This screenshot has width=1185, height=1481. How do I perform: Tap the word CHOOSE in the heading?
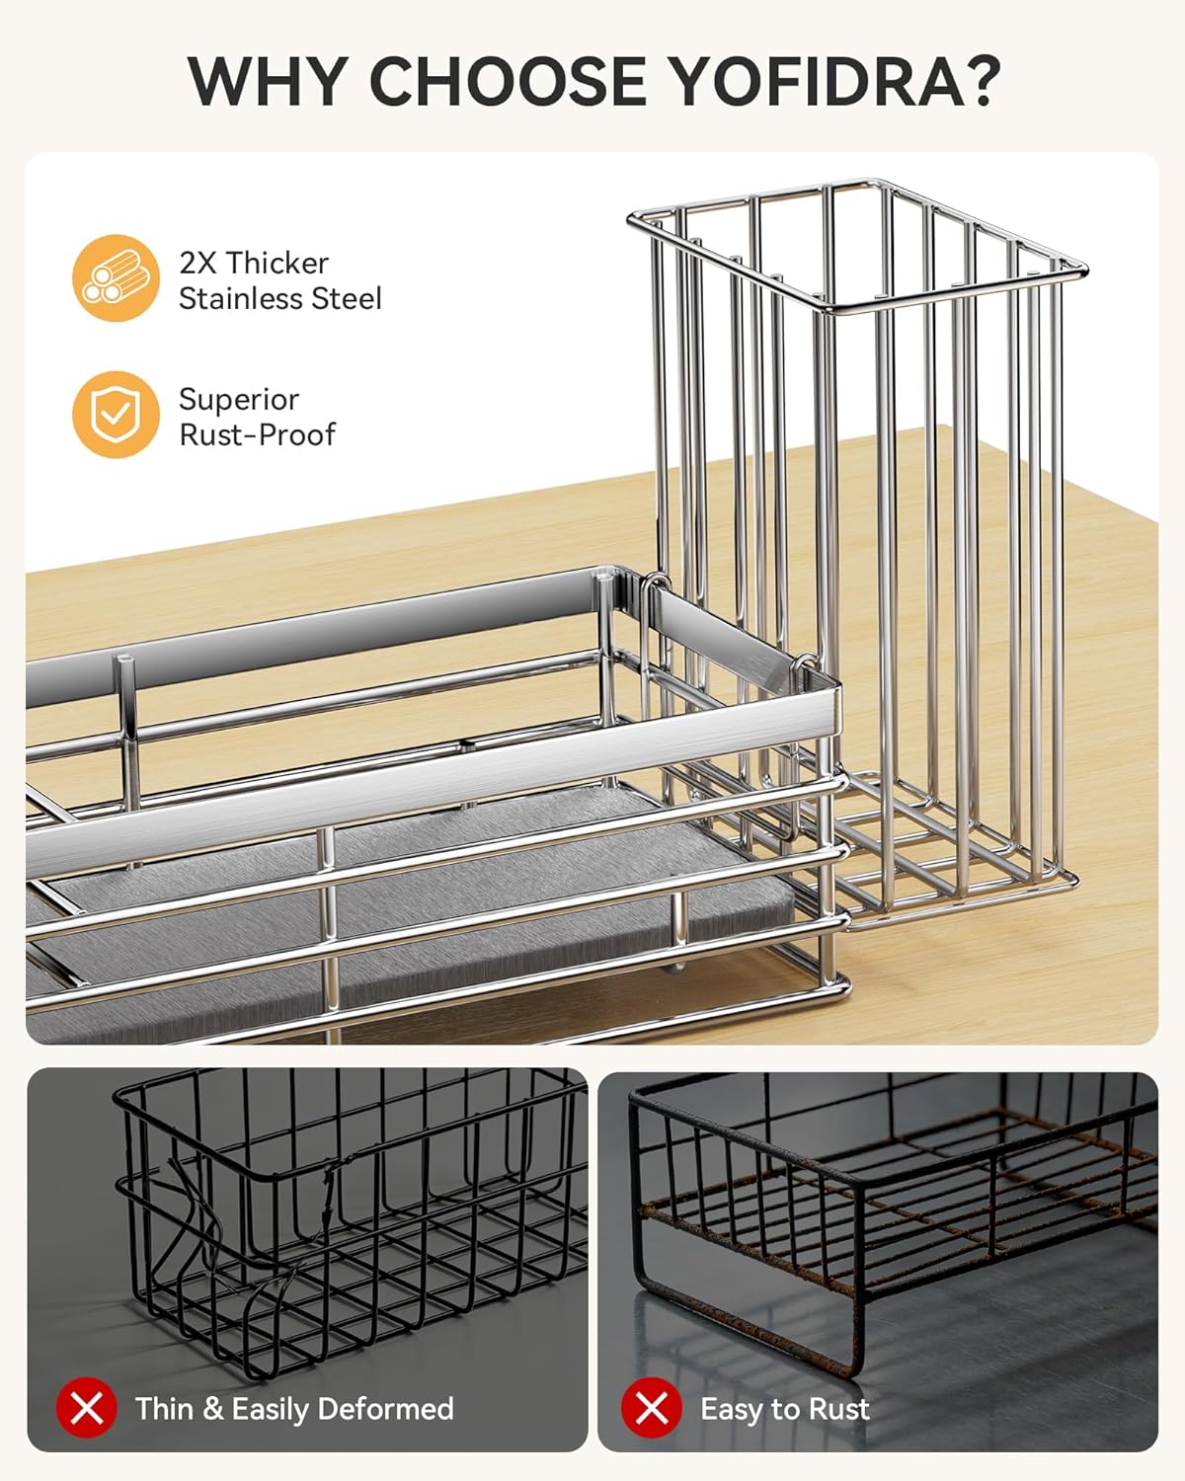509,81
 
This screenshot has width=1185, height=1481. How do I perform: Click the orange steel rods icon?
116,278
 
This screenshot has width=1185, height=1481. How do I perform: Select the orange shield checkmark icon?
116,415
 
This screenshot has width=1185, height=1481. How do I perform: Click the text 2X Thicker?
254,263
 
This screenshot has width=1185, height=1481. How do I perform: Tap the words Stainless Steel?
280,299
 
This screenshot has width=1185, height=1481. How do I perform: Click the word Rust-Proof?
258,435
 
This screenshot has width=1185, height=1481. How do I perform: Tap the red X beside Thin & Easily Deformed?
87,1407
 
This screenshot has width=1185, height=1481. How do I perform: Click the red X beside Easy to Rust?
652,1407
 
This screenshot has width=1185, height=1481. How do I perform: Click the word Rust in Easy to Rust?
838,1409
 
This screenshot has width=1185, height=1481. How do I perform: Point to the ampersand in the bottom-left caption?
212,1409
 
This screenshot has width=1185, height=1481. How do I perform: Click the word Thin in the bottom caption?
165,1409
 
